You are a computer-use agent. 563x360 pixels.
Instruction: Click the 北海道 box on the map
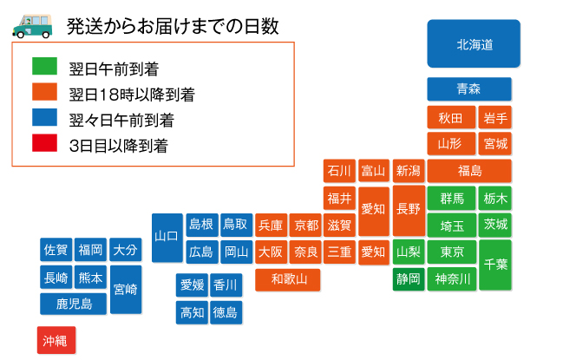[x=474, y=43]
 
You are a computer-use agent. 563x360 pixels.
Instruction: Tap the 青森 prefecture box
[x=469, y=89]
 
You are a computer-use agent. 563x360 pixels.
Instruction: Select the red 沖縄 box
[x=56, y=340]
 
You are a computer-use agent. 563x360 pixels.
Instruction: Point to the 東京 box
[x=452, y=252]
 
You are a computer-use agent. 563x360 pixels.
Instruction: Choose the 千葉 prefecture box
[x=495, y=265]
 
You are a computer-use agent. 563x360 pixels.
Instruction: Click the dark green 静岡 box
[x=409, y=278]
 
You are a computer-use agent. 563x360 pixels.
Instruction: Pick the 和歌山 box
[x=288, y=279]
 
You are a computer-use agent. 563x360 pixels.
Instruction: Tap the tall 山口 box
[x=167, y=238]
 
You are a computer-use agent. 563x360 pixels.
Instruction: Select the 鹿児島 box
[x=73, y=304]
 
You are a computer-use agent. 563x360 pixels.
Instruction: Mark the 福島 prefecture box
[x=469, y=171]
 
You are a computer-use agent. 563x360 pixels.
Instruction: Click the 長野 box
[x=409, y=210]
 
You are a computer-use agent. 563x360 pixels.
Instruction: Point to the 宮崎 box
[x=126, y=290]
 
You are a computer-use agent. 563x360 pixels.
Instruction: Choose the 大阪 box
[x=271, y=252]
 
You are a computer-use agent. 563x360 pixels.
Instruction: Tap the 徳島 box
[x=226, y=312]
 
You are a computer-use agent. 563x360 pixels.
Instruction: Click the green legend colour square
[x=44, y=66]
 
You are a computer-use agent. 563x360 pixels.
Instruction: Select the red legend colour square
[x=44, y=143]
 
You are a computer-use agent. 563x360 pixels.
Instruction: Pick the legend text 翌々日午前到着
[x=121, y=121]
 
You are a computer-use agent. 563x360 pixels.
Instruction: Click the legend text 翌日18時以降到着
[x=132, y=95]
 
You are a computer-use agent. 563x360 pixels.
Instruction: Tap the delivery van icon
[x=32, y=26]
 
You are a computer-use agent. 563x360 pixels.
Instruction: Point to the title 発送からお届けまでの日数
[x=173, y=26]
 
